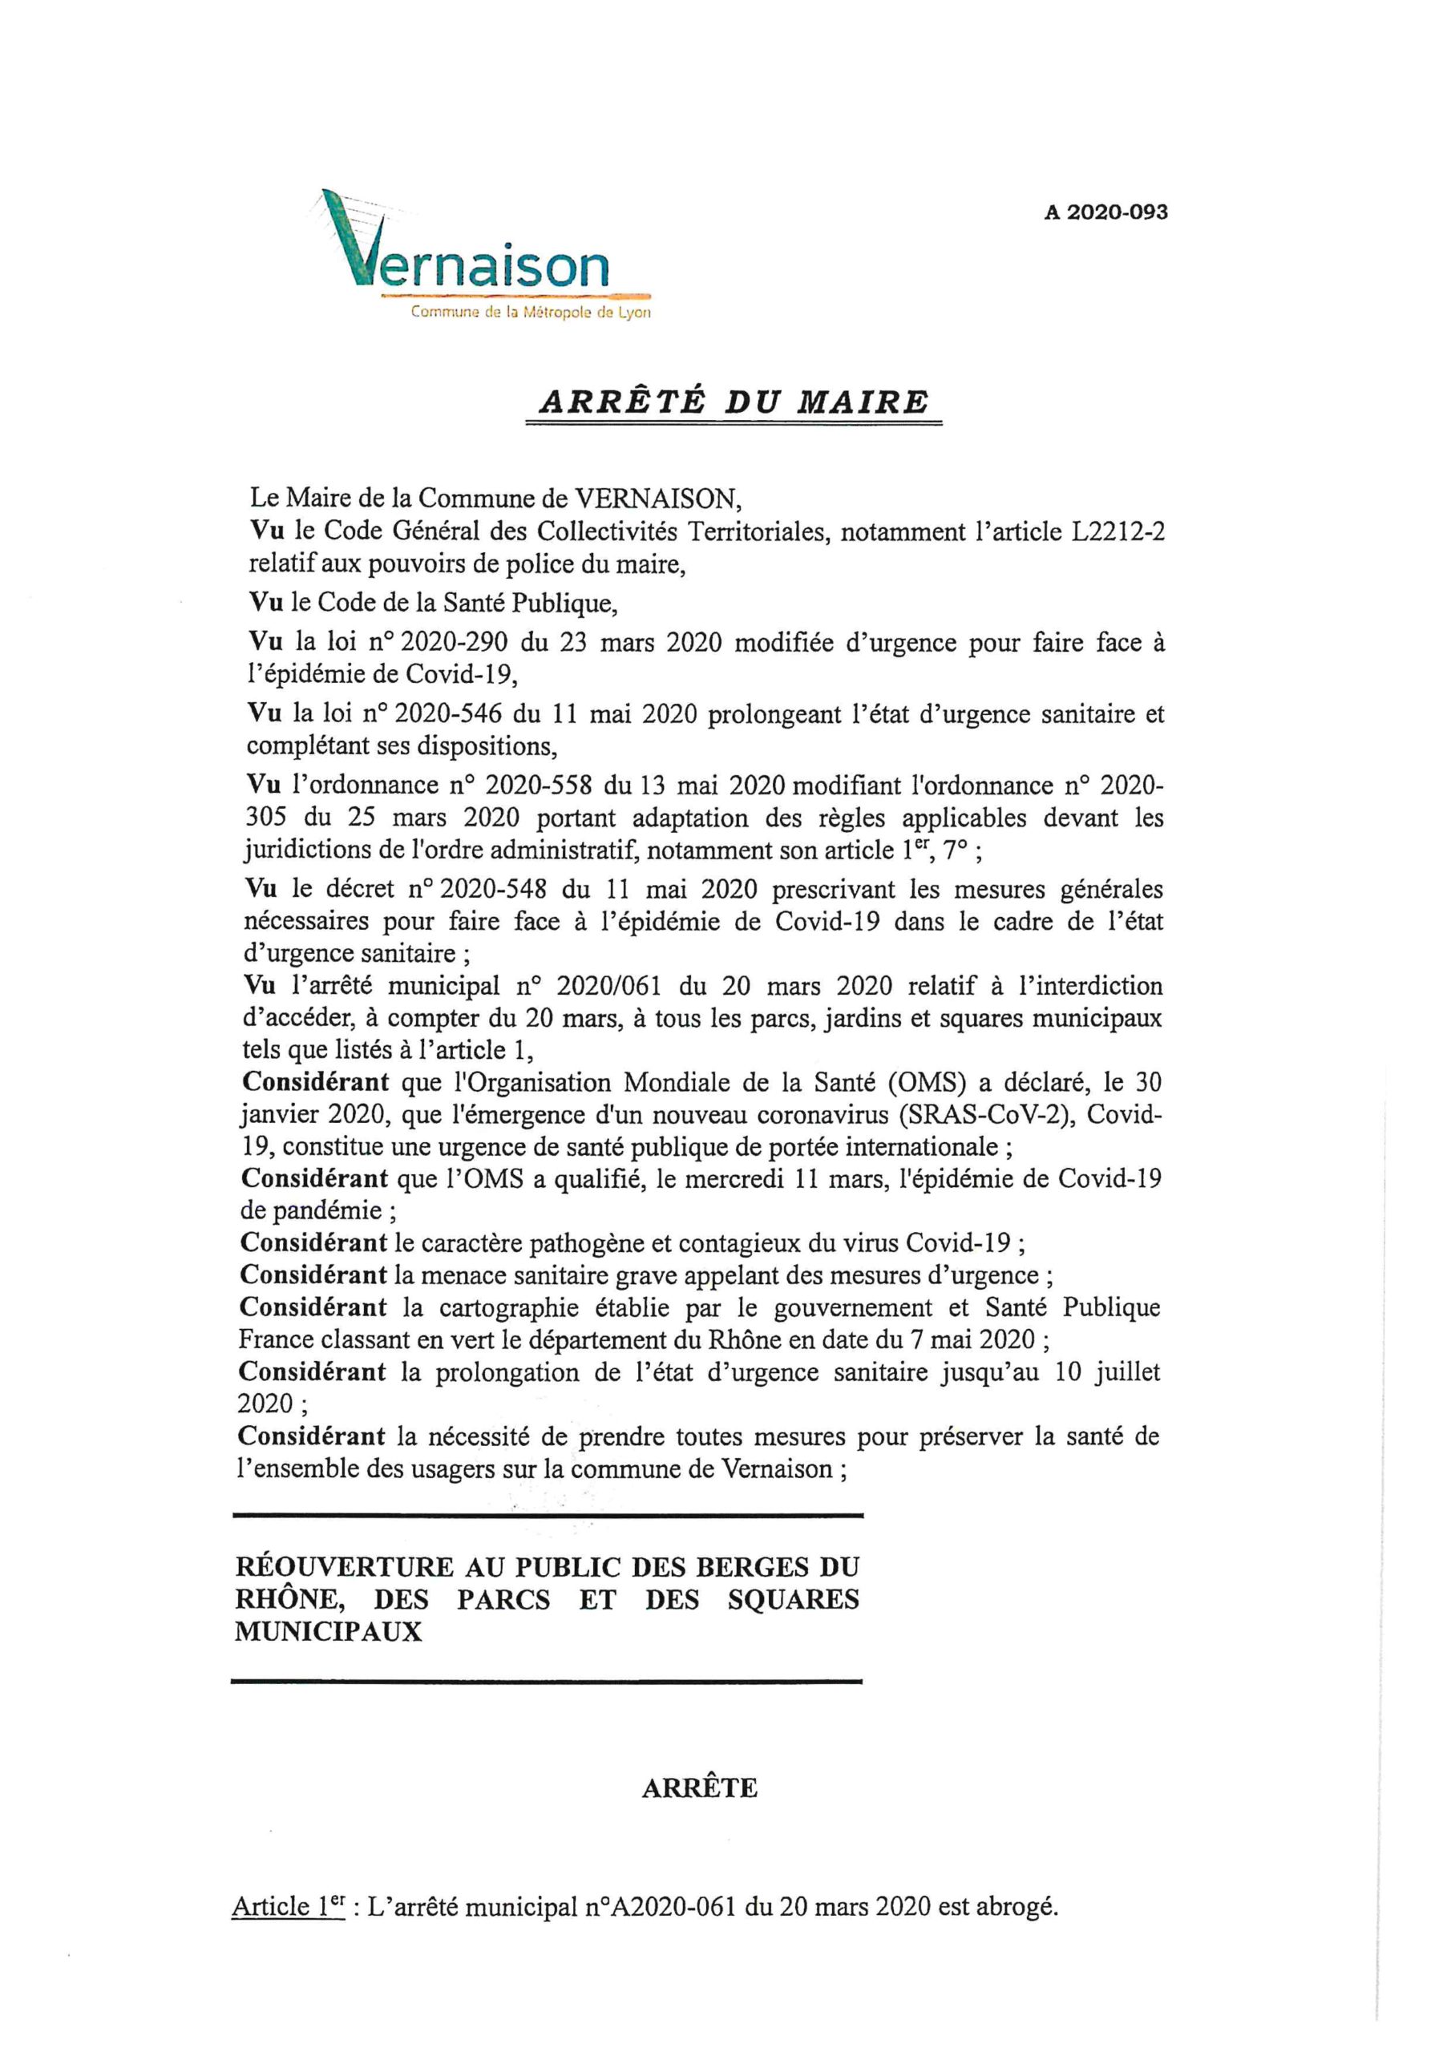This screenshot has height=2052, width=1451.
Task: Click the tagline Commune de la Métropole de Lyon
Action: click(530, 313)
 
